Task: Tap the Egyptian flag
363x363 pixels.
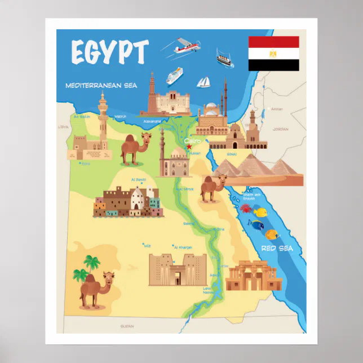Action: point(273,54)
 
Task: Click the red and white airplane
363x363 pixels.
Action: point(185,47)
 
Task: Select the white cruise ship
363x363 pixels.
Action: point(174,76)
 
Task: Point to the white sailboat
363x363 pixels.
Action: point(203,82)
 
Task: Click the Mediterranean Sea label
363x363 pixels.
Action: point(101,86)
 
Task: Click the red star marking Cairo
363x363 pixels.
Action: point(189,147)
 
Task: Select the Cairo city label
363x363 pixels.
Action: point(193,140)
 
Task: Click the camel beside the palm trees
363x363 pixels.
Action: point(96,288)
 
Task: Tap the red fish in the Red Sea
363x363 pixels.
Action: point(247,209)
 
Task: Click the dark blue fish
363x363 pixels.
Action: point(258,225)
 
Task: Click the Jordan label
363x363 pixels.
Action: point(280,129)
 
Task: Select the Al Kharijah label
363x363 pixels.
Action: point(184,247)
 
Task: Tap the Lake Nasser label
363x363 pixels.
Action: point(210,290)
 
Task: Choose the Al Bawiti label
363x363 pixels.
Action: point(139,180)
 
